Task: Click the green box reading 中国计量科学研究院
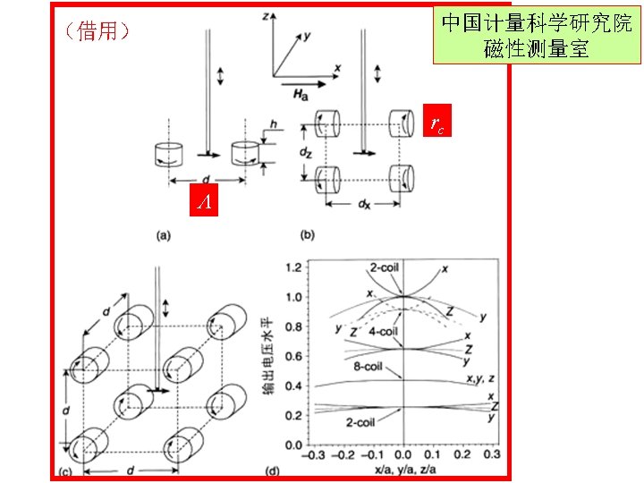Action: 536,36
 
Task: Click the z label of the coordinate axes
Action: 267,17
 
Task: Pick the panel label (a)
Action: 164,235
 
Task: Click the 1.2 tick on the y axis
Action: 291,267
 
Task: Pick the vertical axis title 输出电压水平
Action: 267,356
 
